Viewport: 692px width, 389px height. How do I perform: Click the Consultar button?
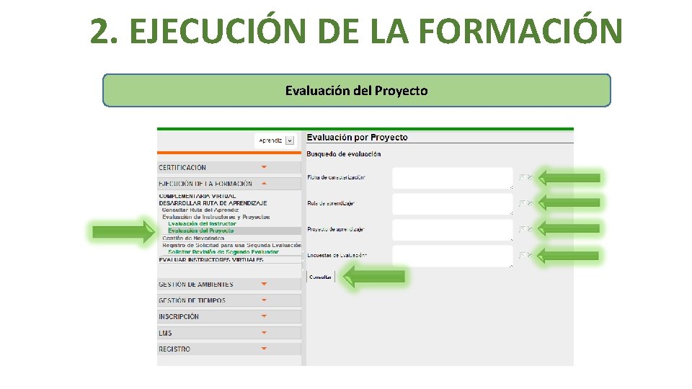coord(321,277)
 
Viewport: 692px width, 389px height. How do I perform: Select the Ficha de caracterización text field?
coord(452,178)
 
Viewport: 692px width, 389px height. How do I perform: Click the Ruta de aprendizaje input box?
coord(452,204)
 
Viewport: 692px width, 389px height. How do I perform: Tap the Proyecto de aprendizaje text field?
coord(452,230)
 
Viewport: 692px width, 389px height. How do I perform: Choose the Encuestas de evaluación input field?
coord(452,256)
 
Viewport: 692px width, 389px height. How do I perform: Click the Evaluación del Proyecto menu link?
coord(201,231)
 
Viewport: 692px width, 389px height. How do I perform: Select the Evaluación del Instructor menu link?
coord(202,224)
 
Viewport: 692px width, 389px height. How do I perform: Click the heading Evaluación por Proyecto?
coord(357,138)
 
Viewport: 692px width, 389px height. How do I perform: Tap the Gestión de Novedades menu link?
coord(193,238)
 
